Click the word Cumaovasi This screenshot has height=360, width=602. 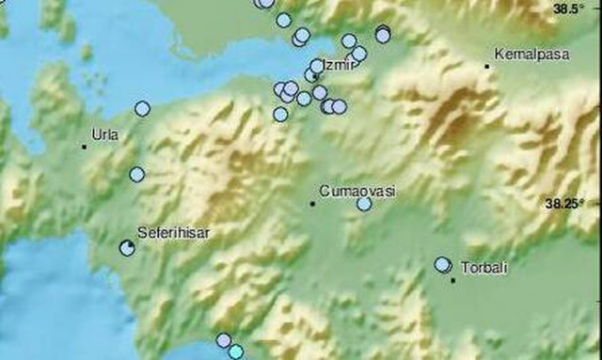point(358,190)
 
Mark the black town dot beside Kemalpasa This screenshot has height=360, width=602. point(487,66)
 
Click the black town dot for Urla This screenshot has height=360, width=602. point(85,147)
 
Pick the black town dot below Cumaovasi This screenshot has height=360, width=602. point(313,203)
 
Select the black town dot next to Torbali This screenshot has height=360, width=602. point(453,279)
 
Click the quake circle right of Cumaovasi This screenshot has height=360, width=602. point(364,203)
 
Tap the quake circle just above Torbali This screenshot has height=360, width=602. point(442,265)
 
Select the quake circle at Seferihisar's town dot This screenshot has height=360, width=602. point(127,247)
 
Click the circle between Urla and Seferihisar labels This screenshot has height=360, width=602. point(137,174)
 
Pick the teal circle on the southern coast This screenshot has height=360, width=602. point(235,352)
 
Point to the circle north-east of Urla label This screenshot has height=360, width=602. point(142,108)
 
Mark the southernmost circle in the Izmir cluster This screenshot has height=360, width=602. point(280,114)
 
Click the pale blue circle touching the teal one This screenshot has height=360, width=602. point(223,340)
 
